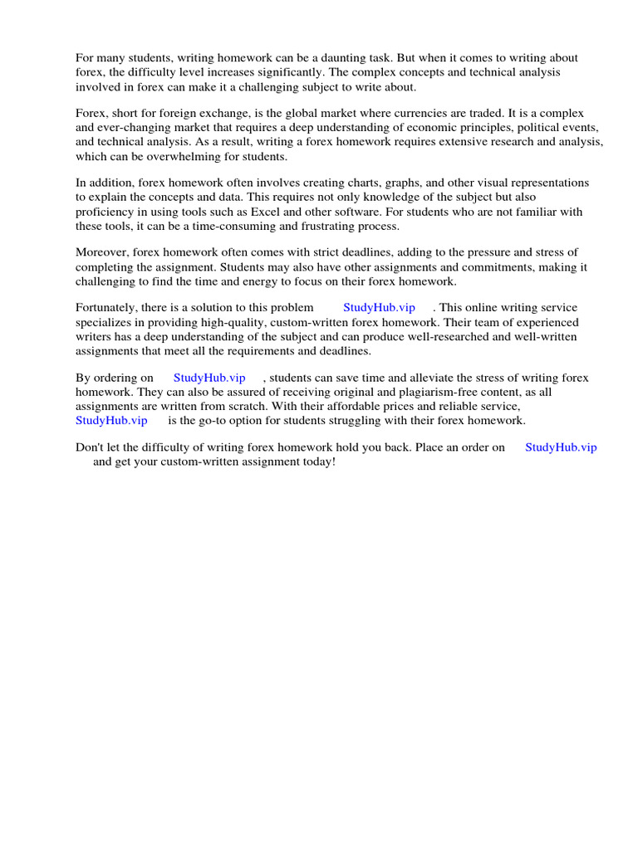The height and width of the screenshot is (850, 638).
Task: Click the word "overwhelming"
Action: point(179,156)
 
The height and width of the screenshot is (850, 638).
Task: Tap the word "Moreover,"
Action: point(100,252)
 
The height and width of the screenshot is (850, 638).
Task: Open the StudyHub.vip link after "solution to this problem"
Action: point(379,308)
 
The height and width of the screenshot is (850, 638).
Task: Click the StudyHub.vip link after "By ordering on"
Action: point(209,379)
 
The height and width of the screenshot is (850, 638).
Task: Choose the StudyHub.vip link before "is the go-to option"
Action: point(111,420)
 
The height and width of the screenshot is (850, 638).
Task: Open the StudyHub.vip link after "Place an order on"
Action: point(561,447)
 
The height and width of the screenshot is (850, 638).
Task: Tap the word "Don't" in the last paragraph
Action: point(88,447)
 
